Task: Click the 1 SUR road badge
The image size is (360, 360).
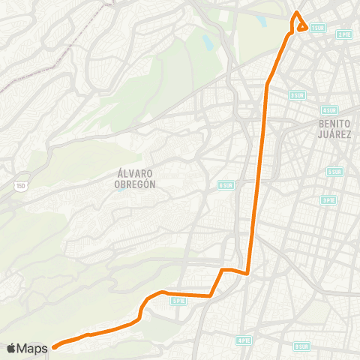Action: tap(317, 28)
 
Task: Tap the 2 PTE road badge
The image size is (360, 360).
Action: tap(344, 34)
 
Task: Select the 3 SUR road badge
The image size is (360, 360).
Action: tap(298, 95)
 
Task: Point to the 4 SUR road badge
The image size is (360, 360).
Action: tap(328, 109)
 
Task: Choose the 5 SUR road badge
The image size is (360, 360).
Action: tap(334, 171)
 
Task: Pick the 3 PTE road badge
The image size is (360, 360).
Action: tap(328, 200)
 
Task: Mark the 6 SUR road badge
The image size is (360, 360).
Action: tap(226, 184)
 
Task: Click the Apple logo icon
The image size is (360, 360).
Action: tap(10, 348)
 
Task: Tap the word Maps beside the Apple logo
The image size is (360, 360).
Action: tap(32, 348)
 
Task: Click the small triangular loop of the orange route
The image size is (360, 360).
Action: tap(301, 27)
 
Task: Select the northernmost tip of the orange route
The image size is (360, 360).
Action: tap(297, 12)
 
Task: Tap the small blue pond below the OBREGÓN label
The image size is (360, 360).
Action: tap(120, 189)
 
